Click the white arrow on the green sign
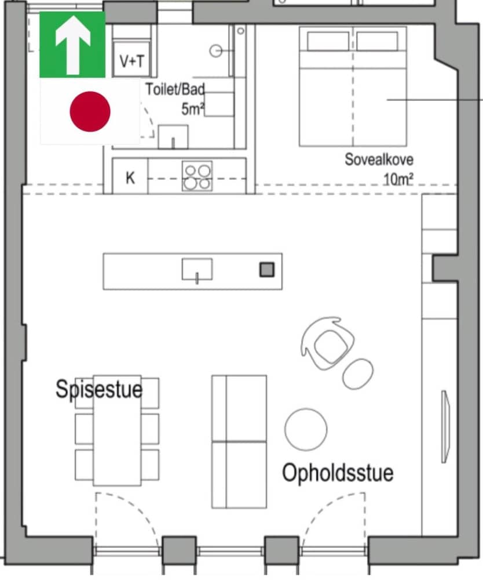click(x=72, y=45)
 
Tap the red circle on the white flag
click(x=90, y=111)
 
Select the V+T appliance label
click(x=131, y=61)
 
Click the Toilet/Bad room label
click(x=175, y=90)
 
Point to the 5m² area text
click(x=193, y=108)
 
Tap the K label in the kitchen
click(x=130, y=177)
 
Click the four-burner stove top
click(x=197, y=176)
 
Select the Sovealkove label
click(x=379, y=159)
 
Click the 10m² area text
click(x=398, y=179)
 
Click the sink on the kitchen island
click(x=197, y=270)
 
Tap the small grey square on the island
click(x=266, y=270)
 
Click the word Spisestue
click(x=98, y=389)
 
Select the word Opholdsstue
click(x=338, y=473)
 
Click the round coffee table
click(x=306, y=429)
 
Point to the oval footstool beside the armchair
click(x=358, y=374)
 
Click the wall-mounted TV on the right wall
click(x=445, y=426)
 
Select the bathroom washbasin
click(x=173, y=137)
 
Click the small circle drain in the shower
click(x=216, y=52)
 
